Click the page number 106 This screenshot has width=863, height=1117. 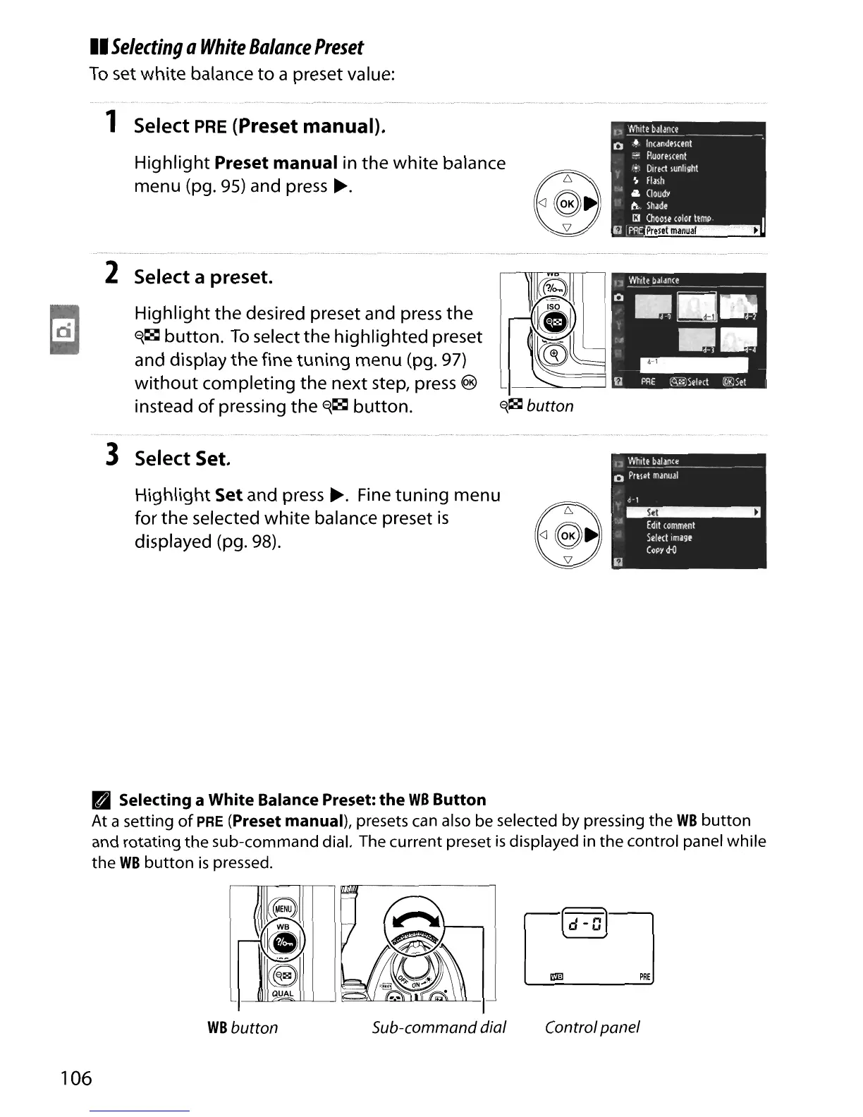coord(76,1078)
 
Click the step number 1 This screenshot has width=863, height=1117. coord(110,123)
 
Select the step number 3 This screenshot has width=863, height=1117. coord(111,455)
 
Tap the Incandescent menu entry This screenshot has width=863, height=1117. coord(668,143)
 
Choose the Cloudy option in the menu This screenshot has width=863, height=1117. coord(658,193)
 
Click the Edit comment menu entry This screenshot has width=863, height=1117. coord(671,525)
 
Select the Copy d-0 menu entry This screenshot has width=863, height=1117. coord(661,550)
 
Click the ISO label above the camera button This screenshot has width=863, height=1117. coord(553,307)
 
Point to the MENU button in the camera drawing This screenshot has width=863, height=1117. coord(283,909)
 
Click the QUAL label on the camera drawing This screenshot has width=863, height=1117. coord(283,994)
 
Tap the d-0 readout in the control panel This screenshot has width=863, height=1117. coord(582,923)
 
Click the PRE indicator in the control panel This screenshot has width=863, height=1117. coord(644,977)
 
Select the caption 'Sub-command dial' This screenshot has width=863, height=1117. coord(439,1027)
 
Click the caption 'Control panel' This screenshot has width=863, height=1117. coord(592,1027)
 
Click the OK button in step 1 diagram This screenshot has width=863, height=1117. coord(568,205)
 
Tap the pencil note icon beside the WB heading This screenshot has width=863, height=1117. coord(101,800)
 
